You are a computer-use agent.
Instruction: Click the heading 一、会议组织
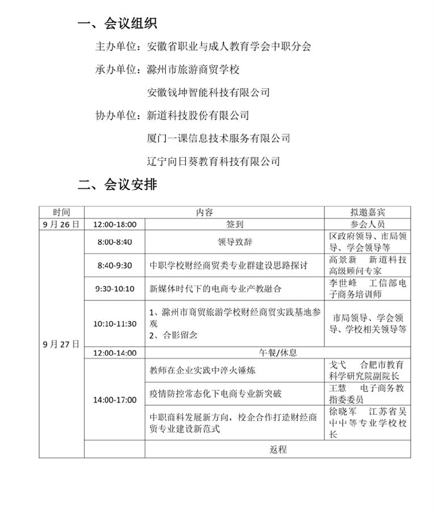pos(118,23)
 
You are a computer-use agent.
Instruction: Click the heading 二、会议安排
pos(118,185)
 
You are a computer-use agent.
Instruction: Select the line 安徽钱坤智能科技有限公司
pos(208,92)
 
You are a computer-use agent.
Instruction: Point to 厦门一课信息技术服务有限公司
pos(219,138)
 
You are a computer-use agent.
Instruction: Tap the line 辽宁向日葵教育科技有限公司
pos(214,162)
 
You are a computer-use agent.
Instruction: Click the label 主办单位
pos(115,47)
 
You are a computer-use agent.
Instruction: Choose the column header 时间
pos(61,212)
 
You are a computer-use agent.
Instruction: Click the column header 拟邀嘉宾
pos(367,212)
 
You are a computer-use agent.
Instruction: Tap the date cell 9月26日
pos(61,224)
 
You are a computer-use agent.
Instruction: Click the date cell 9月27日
pos(61,344)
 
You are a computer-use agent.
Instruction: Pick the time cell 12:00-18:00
pos(114,224)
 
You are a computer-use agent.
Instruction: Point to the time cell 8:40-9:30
pos(114,265)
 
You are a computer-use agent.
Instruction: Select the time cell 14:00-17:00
pos(114,400)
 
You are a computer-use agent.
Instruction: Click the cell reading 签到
pos(235,224)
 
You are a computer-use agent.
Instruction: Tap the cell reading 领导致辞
pos(235,241)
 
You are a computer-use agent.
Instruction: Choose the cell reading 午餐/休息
pos(278,353)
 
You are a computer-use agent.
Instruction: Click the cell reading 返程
pos(278,449)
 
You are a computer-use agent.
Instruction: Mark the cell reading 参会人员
pos(367,224)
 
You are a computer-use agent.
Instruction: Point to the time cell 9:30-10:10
pos(114,288)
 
